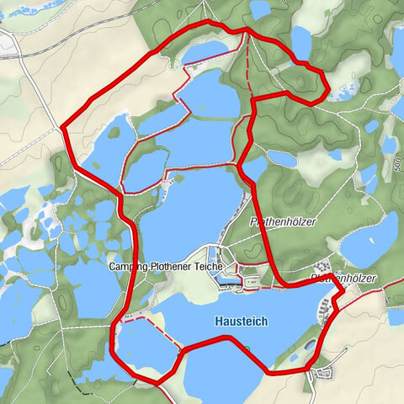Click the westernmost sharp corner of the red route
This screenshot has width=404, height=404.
(63, 128)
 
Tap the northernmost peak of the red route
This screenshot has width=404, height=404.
(206, 20)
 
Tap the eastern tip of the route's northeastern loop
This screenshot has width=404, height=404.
(326, 84)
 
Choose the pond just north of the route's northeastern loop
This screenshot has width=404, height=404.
(300, 40)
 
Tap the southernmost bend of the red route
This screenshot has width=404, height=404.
(157, 383)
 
